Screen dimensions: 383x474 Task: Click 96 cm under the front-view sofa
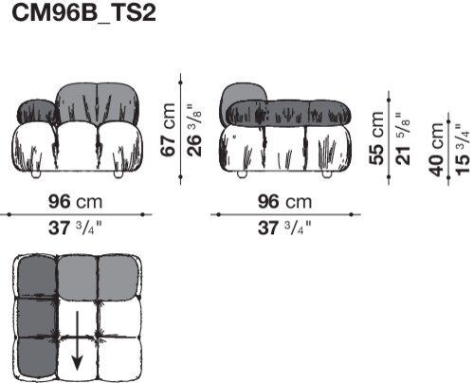point(76,202)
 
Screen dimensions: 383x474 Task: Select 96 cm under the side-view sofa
point(284,202)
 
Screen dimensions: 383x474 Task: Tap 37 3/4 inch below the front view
point(76,228)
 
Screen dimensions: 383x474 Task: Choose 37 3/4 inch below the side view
point(284,228)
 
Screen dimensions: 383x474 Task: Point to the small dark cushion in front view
point(38,111)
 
